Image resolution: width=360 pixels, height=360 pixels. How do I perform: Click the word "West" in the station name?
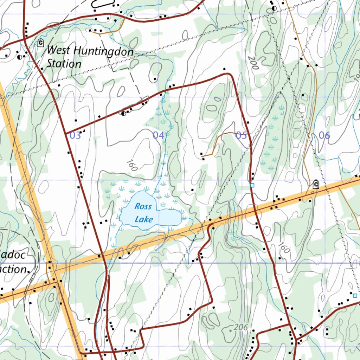pos(58,50)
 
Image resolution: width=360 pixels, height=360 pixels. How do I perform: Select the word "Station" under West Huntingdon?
pos(64,64)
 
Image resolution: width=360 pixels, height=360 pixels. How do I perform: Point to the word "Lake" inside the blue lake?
pos(144,220)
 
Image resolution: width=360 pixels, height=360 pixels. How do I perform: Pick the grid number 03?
pos(75,135)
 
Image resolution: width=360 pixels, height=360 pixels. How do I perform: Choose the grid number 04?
pos(158,135)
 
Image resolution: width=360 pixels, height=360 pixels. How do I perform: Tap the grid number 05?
pos(241,135)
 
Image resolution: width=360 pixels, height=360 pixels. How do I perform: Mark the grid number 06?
pos(324,135)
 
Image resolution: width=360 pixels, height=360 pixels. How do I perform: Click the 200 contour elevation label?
pos(252,63)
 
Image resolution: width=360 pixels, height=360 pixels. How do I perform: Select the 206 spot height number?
pos(241,327)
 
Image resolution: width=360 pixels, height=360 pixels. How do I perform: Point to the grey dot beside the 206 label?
pos(230,330)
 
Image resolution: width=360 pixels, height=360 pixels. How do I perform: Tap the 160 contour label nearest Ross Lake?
pos(131,166)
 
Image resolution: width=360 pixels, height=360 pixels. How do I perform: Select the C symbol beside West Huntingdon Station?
pos(41,43)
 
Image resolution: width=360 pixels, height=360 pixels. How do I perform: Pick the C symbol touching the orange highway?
pos(316,184)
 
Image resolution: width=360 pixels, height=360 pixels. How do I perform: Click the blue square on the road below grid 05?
pos(252,185)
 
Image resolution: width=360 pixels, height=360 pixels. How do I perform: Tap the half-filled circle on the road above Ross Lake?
pos(123,113)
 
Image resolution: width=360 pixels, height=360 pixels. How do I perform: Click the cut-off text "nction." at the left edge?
pos(14,270)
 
